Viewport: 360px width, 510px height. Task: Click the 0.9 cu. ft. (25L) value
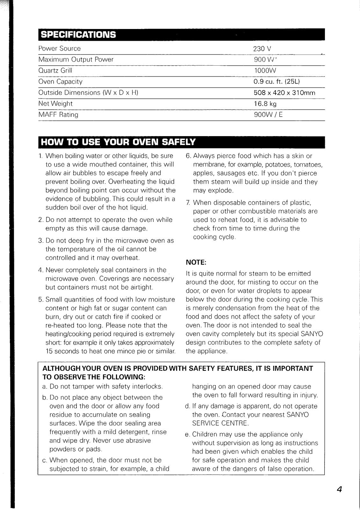[x=277, y=82]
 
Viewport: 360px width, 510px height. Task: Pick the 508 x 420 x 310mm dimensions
[x=284, y=93]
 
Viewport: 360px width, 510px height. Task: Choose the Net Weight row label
[x=55, y=104]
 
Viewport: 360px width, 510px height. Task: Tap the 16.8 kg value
[x=265, y=104]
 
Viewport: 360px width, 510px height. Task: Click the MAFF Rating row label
[x=58, y=115]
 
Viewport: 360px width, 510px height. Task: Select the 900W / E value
[x=268, y=115]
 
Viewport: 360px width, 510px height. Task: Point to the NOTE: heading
[x=196, y=262]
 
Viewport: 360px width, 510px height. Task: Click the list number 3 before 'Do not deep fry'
[x=40, y=241]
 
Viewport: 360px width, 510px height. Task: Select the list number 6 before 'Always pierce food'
[x=188, y=156]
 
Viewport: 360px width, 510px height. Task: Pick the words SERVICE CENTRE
[x=220, y=424]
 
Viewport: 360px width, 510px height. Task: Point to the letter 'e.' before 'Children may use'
[x=187, y=435]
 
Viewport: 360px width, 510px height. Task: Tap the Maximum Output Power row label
[x=76, y=60]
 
